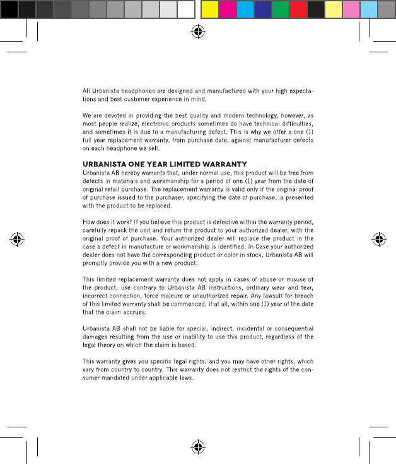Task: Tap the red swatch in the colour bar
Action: click(x=298, y=9)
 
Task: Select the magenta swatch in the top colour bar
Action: click(x=227, y=9)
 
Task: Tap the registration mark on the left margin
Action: click(x=17, y=240)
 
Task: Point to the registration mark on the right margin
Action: click(x=379, y=240)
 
